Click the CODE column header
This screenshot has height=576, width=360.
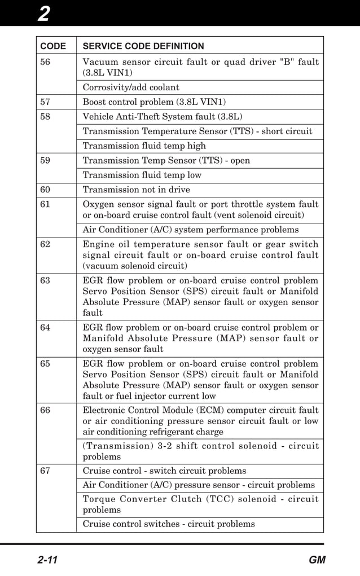tap(52, 46)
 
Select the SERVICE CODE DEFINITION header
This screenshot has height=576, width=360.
tap(143, 46)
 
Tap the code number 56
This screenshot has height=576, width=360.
tap(45, 62)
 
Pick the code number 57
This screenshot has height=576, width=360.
tap(45, 102)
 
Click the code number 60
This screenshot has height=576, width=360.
tap(45, 190)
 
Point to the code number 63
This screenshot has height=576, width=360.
tap(45, 280)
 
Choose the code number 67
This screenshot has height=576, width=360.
tap(45, 471)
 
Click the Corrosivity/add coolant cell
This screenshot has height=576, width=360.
tap(131, 87)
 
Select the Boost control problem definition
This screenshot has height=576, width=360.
tap(154, 102)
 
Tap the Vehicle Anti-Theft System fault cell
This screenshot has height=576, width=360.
tap(163, 117)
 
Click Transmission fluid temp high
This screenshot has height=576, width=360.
tap(144, 146)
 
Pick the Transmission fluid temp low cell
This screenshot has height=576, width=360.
tap(142, 175)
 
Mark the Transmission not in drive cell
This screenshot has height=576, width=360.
tap(137, 190)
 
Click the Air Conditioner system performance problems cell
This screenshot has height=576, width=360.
tap(191, 230)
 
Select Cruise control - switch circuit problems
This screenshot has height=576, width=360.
tap(165, 471)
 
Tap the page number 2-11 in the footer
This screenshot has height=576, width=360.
tap(49, 560)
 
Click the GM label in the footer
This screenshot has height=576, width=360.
tap(317, 560)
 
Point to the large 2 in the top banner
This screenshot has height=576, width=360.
tap(43, 13)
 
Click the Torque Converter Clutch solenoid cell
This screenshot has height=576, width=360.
tap(200, 504)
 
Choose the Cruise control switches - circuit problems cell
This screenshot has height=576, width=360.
tap(169, 524)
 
